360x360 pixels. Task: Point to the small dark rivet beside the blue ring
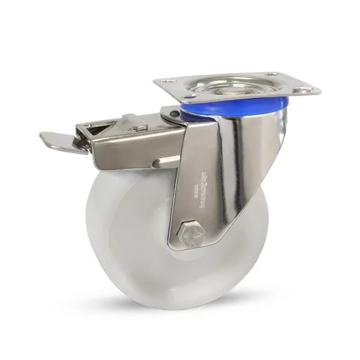click(x=173, y=113)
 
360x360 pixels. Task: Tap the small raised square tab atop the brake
click(x=139, y=127)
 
